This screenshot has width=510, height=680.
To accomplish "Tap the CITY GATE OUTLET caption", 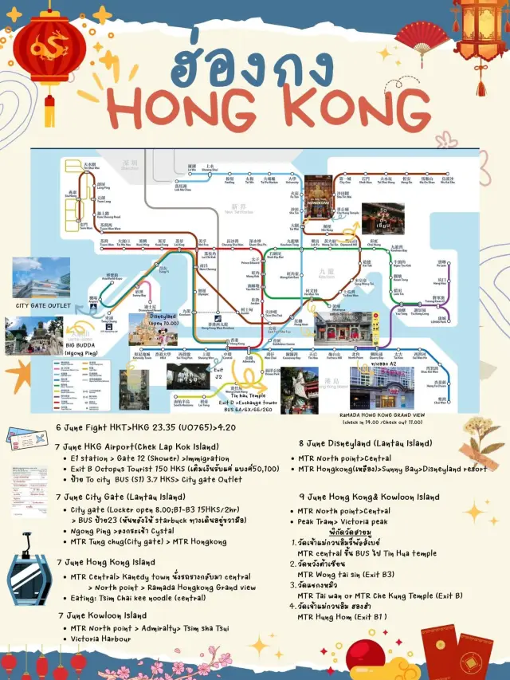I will [x=43, y=305].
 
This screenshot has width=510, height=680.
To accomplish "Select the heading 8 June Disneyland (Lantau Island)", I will [x=365, y=443].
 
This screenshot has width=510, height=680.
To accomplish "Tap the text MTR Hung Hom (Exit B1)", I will [x=342, y=616].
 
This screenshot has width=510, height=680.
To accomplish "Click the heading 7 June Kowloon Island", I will [x=103, y=615].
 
